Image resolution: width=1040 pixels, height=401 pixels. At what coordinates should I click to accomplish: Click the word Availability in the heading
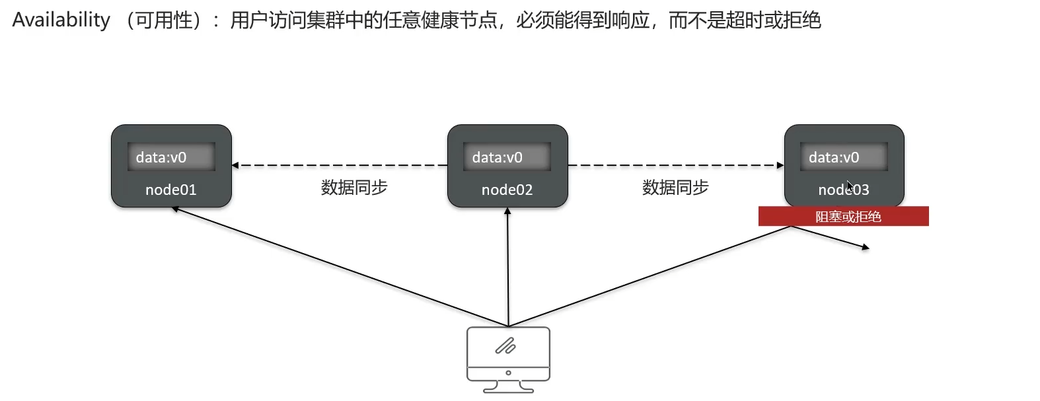pyautogui.click(x=61, y=20)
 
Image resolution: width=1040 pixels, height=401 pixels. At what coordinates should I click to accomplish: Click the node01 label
pyautogui.click(x=170, y=190)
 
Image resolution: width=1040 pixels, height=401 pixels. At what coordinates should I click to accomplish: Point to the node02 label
pyautogui.click(x=507, y=190)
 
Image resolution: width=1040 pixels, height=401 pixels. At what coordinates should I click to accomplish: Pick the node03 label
pyautogui.click(x=843, y=190)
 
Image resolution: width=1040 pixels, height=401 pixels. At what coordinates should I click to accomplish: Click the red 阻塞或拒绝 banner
pyautogui.click(x=843, y=217)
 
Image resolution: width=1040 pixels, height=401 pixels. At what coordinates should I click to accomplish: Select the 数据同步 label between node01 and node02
pyautogui.click(x=354, y=188)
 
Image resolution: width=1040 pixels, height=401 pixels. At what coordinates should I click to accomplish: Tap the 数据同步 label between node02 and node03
pyautogui.click(x=675, y=188)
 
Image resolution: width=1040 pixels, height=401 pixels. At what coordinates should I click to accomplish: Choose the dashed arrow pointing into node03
pyautogui.click(x=779, y=165)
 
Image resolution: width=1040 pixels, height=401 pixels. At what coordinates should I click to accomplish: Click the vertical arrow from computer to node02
pyautogui.click(x=507, y=264)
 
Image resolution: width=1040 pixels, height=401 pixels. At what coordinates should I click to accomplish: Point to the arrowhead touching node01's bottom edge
pyautogui.click(x=176, y=209)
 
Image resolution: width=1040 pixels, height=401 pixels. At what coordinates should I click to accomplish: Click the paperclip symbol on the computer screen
pyautogui.click(x=505, y=346)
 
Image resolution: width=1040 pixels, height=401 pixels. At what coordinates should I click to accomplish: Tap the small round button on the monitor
pyautogui.click(x=508, y=373)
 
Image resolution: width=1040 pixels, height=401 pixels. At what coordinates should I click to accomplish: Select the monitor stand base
pyautogui.click(x=508, y=390)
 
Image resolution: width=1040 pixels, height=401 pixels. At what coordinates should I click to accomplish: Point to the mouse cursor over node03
pyautogui.click(x=850, y=186)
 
